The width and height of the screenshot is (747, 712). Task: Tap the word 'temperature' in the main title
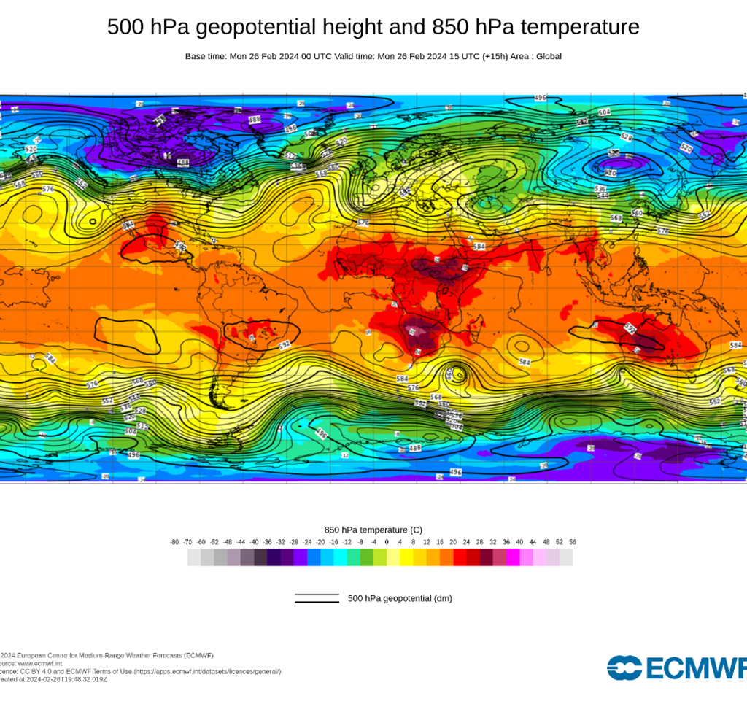point(589,28)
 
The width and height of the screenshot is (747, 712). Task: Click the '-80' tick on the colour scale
point(174,542)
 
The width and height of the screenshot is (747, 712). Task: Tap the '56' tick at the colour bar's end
point(573,542)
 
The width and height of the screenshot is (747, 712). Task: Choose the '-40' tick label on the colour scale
point(254,542)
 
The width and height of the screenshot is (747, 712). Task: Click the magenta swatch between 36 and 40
point(513,557)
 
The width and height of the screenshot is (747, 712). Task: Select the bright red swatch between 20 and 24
point(460,557)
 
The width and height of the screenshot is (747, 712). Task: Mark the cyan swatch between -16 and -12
point(341,557)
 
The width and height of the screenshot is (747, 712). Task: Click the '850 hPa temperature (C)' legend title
point(373,530)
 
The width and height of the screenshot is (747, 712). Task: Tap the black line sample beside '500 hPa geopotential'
point(317,599)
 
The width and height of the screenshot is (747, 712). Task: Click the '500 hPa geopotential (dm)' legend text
point(400,599)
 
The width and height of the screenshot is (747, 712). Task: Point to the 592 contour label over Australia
point(628,330)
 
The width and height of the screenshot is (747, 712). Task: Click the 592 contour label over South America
point(285,344)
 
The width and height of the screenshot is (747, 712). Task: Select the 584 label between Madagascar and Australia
point(525,362)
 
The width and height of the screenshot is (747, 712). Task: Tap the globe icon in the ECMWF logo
point(624,668)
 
